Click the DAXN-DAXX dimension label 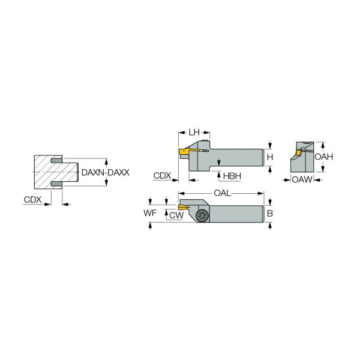click(106, 172)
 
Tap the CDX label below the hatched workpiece click(32, 200)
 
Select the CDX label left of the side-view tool click(162, 176)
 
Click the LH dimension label click(194, 132)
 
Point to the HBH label click(232, 176)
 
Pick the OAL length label click(222, 193)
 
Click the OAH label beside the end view click(324, 157)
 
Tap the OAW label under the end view click(302, 179)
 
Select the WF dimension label click(150, 213)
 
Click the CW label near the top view click(176, 215)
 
